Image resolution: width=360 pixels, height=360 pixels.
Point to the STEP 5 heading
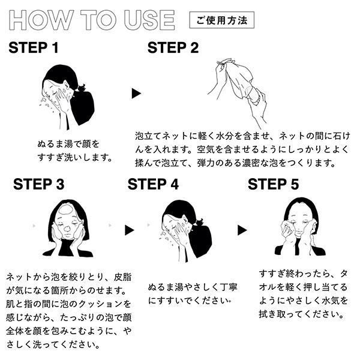click(x=273, y=184)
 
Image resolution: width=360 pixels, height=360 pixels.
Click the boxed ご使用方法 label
click(x=221, y=20)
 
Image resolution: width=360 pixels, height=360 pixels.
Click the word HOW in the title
click(x=37, y=20)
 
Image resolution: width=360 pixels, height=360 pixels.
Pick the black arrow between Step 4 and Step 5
click(x=242, y=230)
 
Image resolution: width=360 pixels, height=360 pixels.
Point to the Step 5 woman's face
click(x=295, y=225)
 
